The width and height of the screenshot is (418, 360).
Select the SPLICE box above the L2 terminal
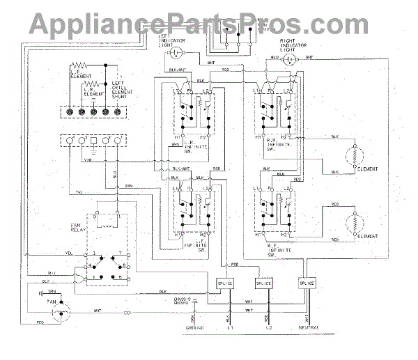(265, 283)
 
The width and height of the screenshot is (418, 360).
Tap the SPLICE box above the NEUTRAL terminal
(307, 283)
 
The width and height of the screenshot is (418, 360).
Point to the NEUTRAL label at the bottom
(309, 327)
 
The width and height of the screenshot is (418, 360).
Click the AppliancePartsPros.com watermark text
(208, 23)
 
